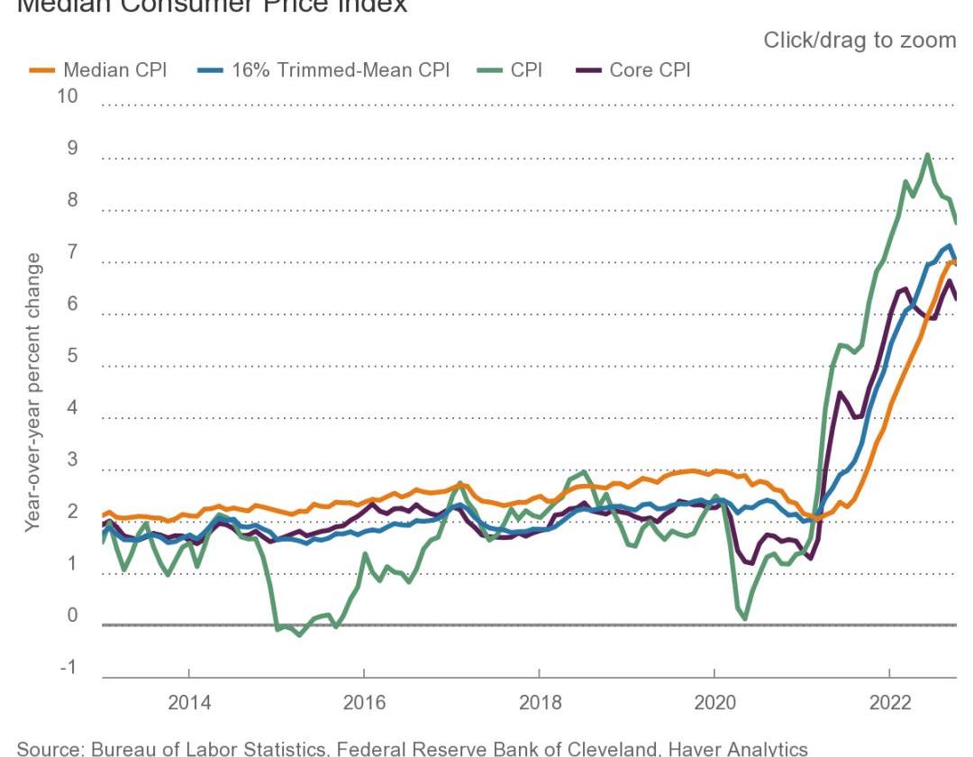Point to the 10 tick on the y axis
(67, 96)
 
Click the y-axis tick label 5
(73, 356)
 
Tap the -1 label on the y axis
(68, 668)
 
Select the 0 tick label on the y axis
(73, 616)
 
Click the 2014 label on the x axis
(189, 703)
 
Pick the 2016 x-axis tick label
(364, 703)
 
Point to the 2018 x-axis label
(539, 703)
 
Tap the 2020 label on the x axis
(714, 703)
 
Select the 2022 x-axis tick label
(889, 703)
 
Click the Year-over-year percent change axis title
(33, 392)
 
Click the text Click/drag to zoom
(859, 41)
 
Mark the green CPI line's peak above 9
(927, 155)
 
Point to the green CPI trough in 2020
(745, 619)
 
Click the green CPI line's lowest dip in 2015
(299, 634)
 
